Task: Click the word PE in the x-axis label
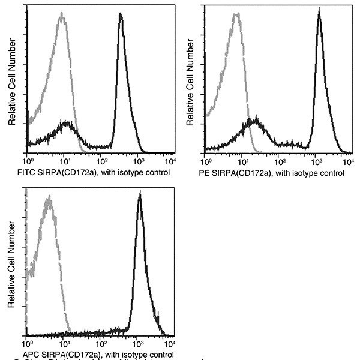point(211,173)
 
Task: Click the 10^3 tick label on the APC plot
point(137,344)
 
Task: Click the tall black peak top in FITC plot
point(121,14)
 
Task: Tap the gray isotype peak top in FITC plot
point(62,14)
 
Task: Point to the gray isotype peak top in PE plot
point(237,14)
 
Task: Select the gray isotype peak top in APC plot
point(47,197)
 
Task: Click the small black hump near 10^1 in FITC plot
point(67,124)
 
